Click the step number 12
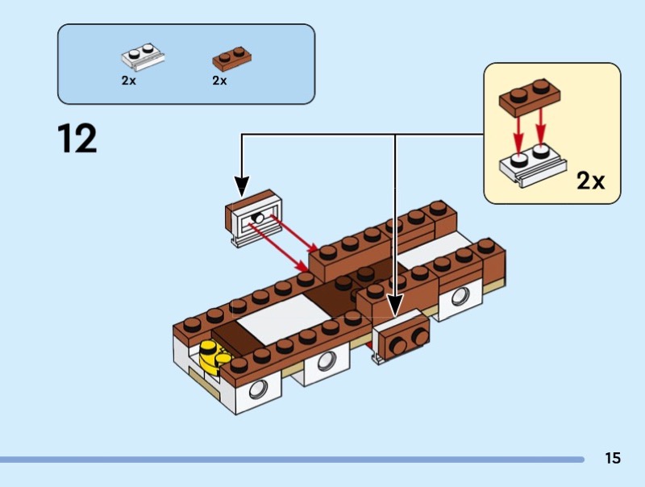click(x=77, y=139)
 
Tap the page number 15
click(x=613, y=459)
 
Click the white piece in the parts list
click(x=144, y=57)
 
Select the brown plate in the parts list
click(x=231, y=57)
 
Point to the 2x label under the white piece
click(x=129, y=81)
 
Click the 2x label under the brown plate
click(x=219, y=81)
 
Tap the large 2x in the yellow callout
click(x=590, y=181)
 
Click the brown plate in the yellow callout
click(x=529, y=96)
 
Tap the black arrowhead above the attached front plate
click(x=395, y=305)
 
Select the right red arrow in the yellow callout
click(x=541, y=129)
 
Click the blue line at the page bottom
click(x=290, y=460)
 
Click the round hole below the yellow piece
click(x=258, y=389)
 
